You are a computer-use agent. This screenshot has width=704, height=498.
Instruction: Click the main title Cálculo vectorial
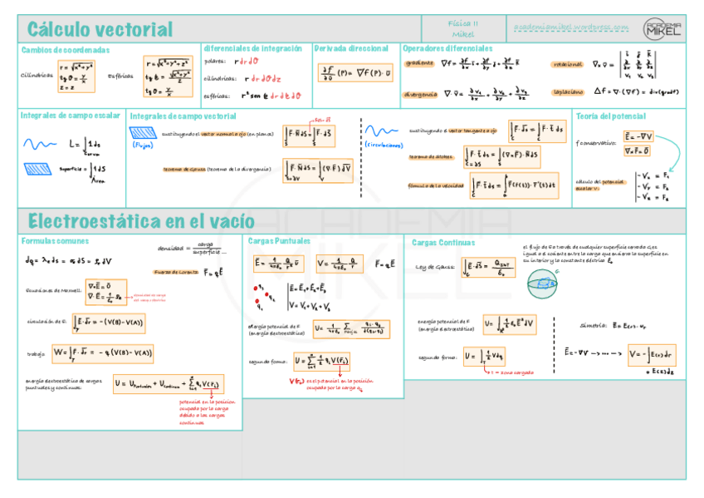pos(100,30)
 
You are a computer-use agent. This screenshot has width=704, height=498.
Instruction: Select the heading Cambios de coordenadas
pos(66,50)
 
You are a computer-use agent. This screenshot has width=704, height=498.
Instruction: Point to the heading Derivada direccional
pos(351,49)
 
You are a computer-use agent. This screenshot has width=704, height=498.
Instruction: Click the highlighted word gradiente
pos(418,63)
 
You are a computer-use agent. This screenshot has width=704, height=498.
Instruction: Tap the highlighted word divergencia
pos(421,94)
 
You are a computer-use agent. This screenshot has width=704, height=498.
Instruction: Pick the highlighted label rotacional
pos(568,65)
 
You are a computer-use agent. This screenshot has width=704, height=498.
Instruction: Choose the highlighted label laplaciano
pos(568,92)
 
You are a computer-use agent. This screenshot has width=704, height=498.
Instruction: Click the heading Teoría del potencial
pos(610,116)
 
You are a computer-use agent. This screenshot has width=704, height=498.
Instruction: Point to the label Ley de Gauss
pos(432,267)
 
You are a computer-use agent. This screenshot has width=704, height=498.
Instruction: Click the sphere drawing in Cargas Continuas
pos(544,286)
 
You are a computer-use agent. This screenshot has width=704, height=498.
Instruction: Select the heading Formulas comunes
pos(55,240)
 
